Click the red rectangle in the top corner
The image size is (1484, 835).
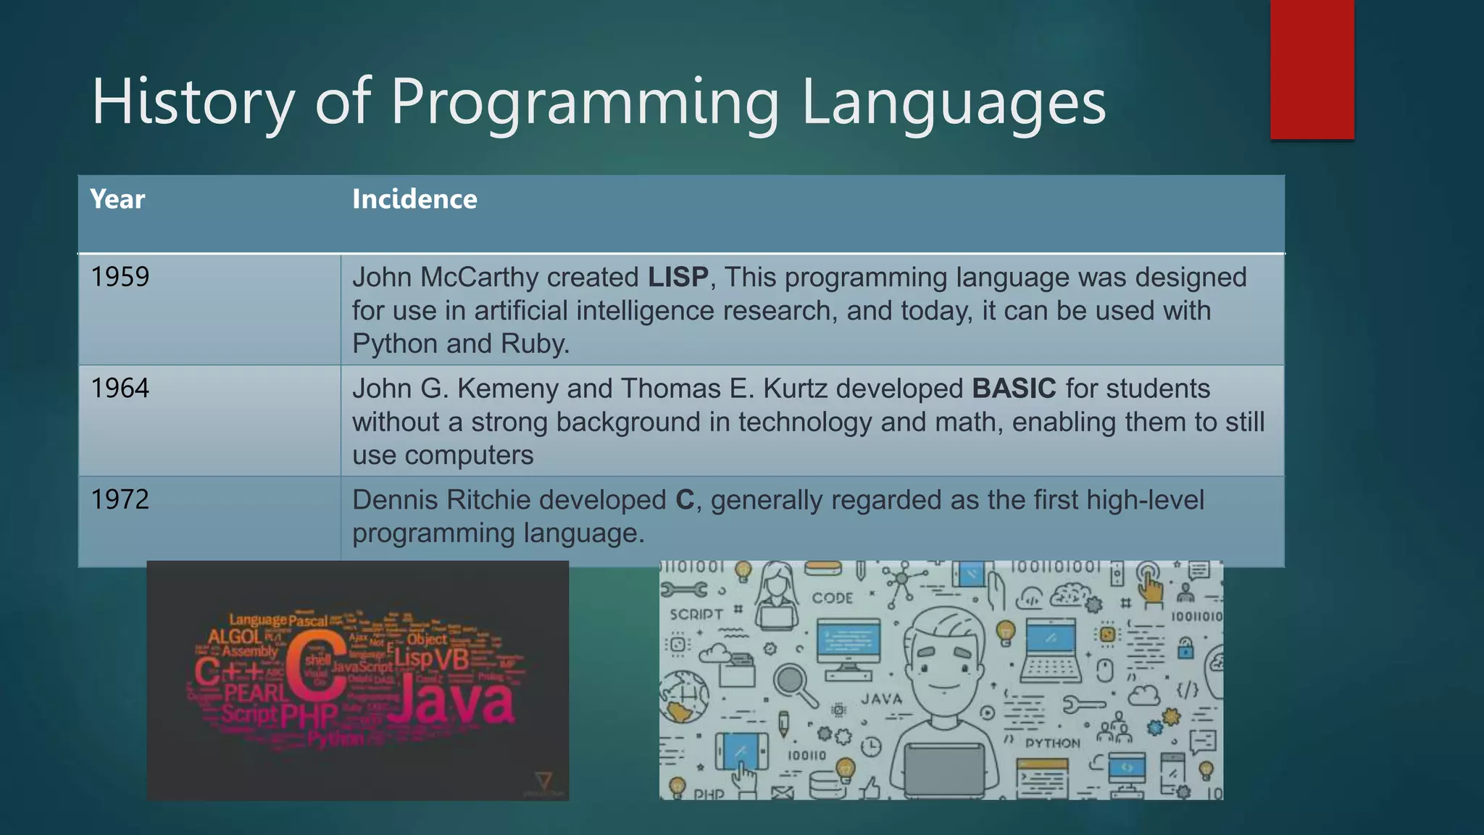click(x=1312, y=69)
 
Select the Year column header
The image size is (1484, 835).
click(x=117, y=199)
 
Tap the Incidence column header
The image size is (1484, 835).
click(x=414, y=199)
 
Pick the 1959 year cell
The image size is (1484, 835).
click(x=120, y=277)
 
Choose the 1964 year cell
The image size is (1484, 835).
click(x=120, y=389)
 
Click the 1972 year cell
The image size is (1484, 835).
click(x=120, y=499)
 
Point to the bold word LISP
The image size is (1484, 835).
click(x=678, y=277)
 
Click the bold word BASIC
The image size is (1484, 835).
click(x=1014, y=389)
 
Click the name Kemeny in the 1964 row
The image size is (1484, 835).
click(x=508, y=389)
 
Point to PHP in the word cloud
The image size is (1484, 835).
click(x=309, y=716)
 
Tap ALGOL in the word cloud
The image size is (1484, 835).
click(x=235, y=636)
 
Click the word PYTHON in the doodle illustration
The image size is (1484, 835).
click(x=1052, y=744)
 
